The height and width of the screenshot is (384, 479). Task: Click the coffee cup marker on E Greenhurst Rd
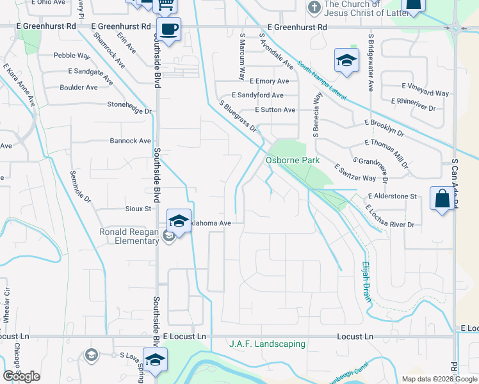[168, 29]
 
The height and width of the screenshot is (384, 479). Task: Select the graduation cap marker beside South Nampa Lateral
[346, 61]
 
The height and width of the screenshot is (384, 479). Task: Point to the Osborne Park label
[293, 160]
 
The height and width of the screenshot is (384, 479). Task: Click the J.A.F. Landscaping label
[267, 344]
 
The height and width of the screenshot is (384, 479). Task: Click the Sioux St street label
[138, 209]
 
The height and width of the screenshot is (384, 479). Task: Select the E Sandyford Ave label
[257, 95]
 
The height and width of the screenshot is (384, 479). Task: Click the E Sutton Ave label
[275, 110]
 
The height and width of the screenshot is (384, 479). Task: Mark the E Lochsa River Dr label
[390, 216]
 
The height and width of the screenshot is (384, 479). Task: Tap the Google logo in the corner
[21, 376]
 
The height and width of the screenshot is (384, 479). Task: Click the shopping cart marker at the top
[166, 5]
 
